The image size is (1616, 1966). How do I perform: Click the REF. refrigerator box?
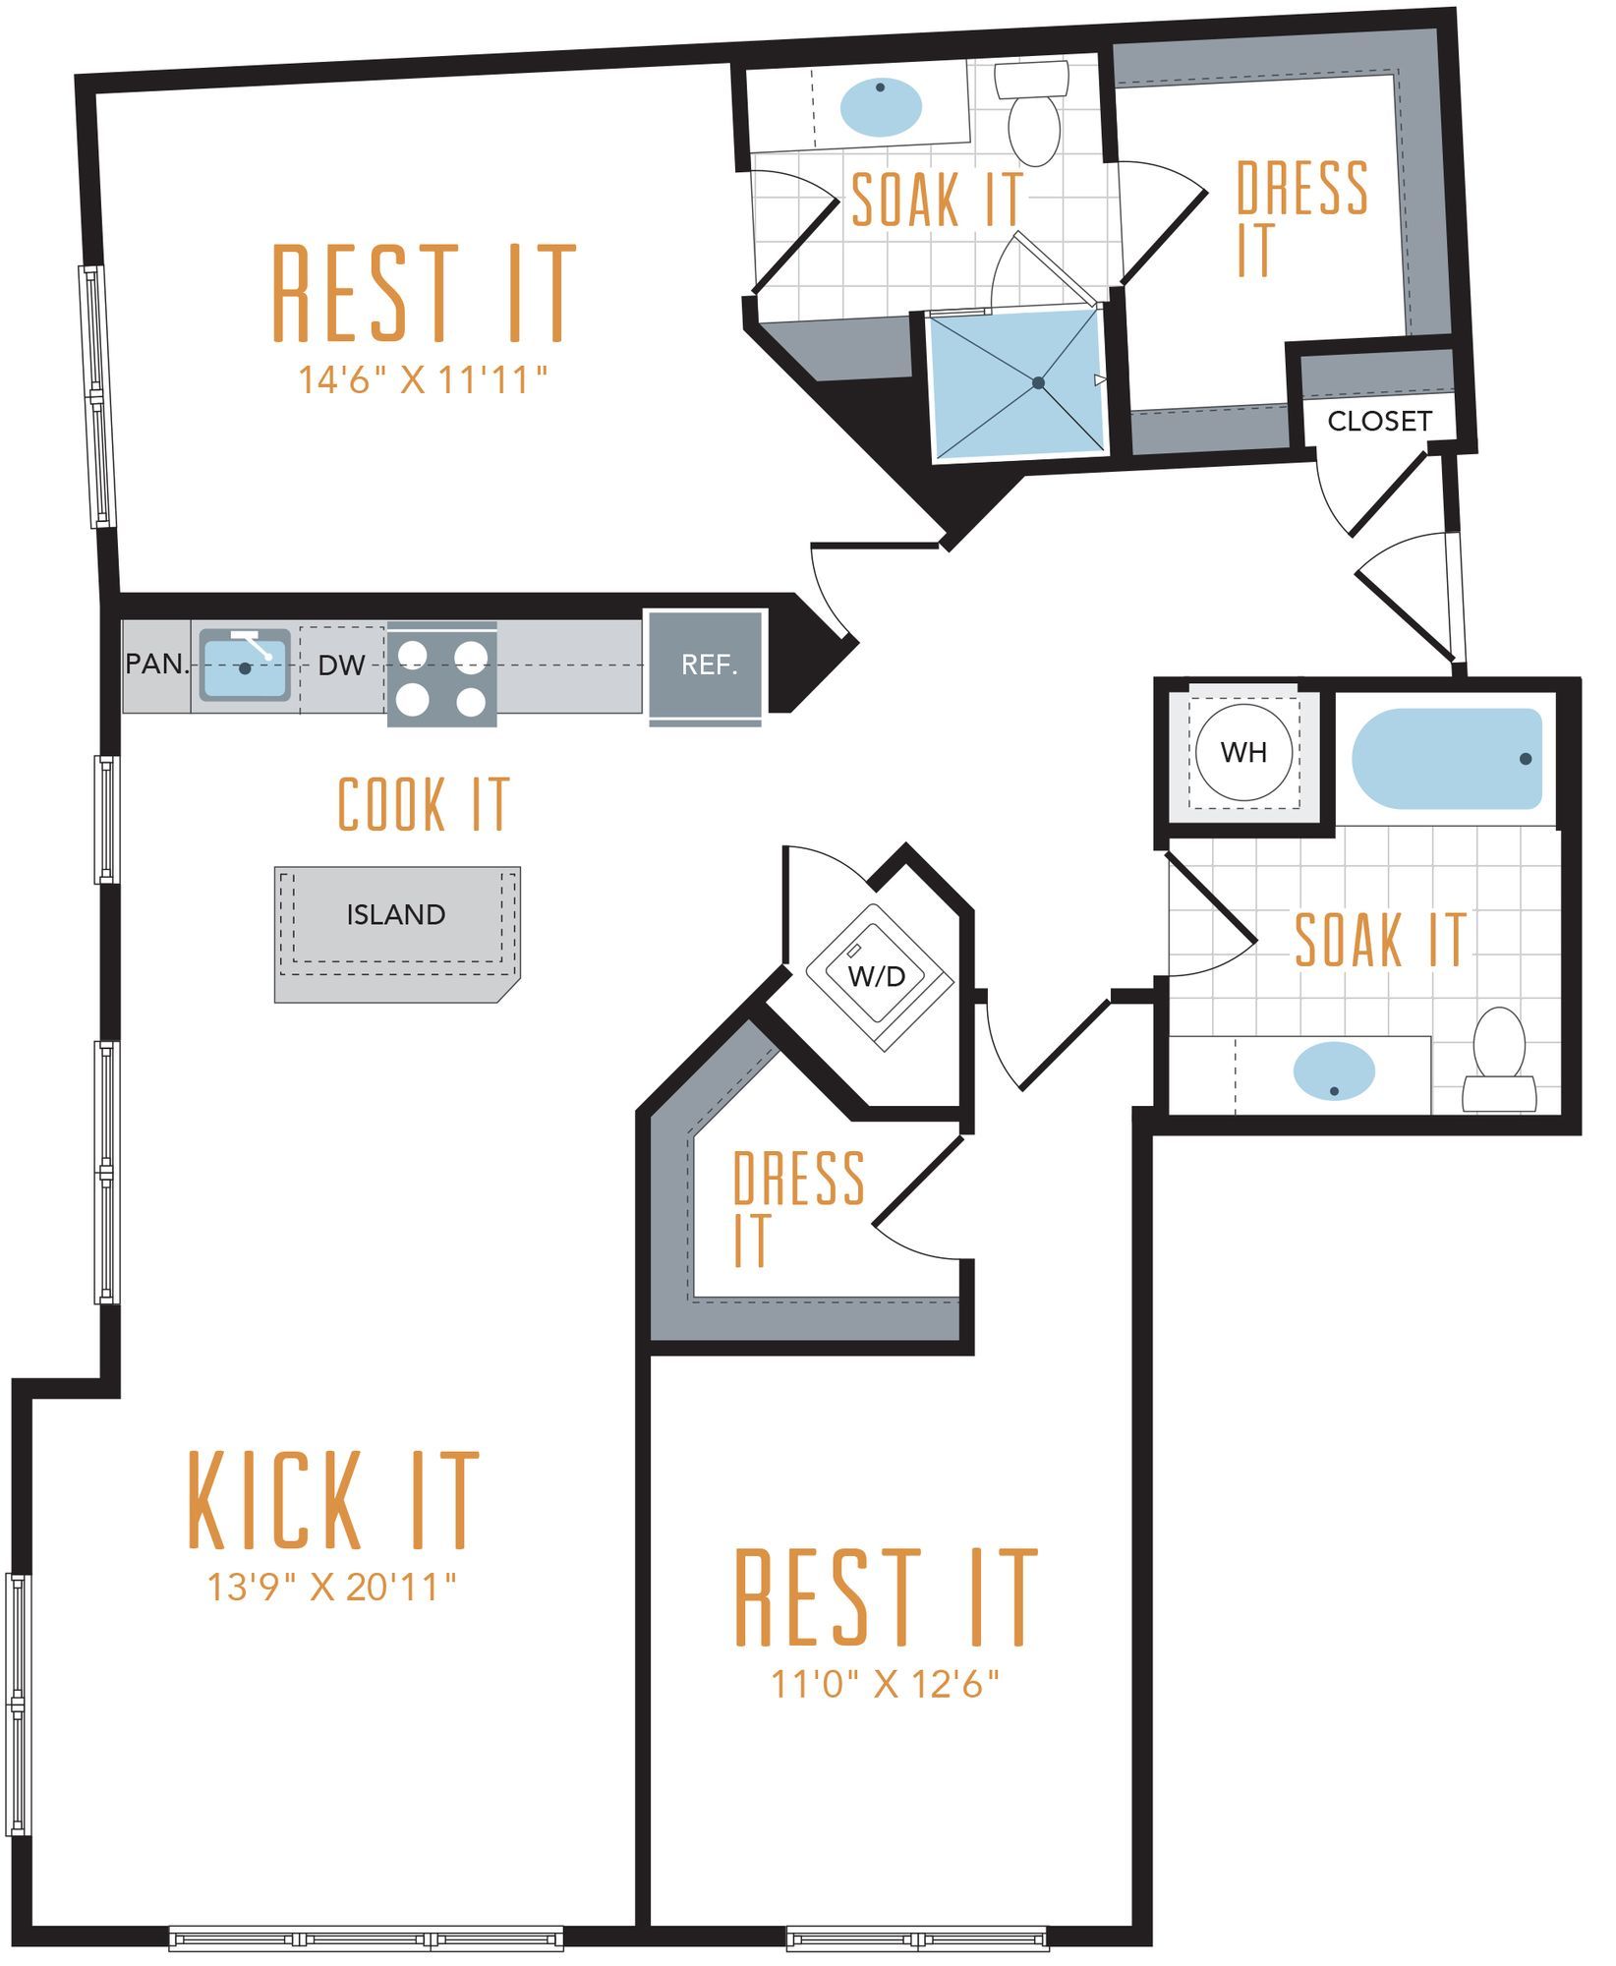tap(705, 665)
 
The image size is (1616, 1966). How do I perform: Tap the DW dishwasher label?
tap(341, 665)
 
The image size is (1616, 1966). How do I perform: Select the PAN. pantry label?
tap(157, 664)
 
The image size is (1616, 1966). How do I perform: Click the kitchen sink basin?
tap(245, 665)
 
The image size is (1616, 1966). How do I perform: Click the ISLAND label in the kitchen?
tap(395, 915)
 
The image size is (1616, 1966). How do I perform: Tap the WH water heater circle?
tap(1243, 753)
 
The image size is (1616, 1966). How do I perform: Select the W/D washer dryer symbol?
tap(877, 977)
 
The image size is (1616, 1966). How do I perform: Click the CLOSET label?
tap(1379, 421)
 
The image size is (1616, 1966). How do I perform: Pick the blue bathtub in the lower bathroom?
tap(1447, 759)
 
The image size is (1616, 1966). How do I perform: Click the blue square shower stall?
tap(1016, 383)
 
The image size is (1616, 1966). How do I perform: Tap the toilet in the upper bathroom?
tap(1033, 112)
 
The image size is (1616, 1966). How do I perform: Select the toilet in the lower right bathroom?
tap(1499, 1060)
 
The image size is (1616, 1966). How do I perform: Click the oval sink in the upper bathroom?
tap(882, 107)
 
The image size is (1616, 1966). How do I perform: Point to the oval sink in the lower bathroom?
tap(1334, 1070)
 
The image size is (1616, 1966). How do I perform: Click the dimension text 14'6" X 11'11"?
tap(423, 379)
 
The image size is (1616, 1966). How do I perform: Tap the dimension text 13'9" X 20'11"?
tap(332, 1586)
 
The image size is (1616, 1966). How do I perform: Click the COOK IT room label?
tap(424, 804)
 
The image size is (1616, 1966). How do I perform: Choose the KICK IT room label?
tap(333, 1501)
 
